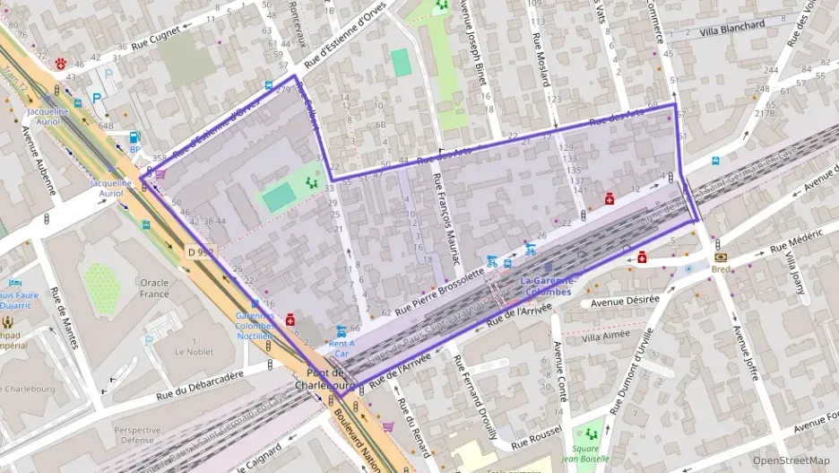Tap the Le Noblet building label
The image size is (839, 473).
(193, 351)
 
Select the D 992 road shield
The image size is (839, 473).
(203, 254)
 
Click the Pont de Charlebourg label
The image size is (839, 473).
(333, 379)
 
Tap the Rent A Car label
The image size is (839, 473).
(342, 347)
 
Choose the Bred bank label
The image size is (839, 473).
(721, 268)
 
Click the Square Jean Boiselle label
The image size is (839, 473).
(589, 453)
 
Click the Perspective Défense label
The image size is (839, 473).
(137, 435)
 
